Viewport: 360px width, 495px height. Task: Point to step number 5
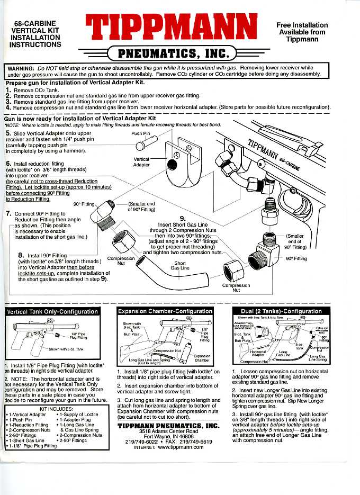[8, 133]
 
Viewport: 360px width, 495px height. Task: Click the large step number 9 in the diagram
[183, 218]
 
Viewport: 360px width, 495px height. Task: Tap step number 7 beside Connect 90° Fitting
[8, 214]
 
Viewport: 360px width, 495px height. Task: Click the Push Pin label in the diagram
[140, 134]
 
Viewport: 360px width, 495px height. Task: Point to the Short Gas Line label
[180, 265]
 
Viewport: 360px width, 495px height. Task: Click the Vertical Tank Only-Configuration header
[52, 311]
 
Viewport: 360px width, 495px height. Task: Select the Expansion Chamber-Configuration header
[165, 311]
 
